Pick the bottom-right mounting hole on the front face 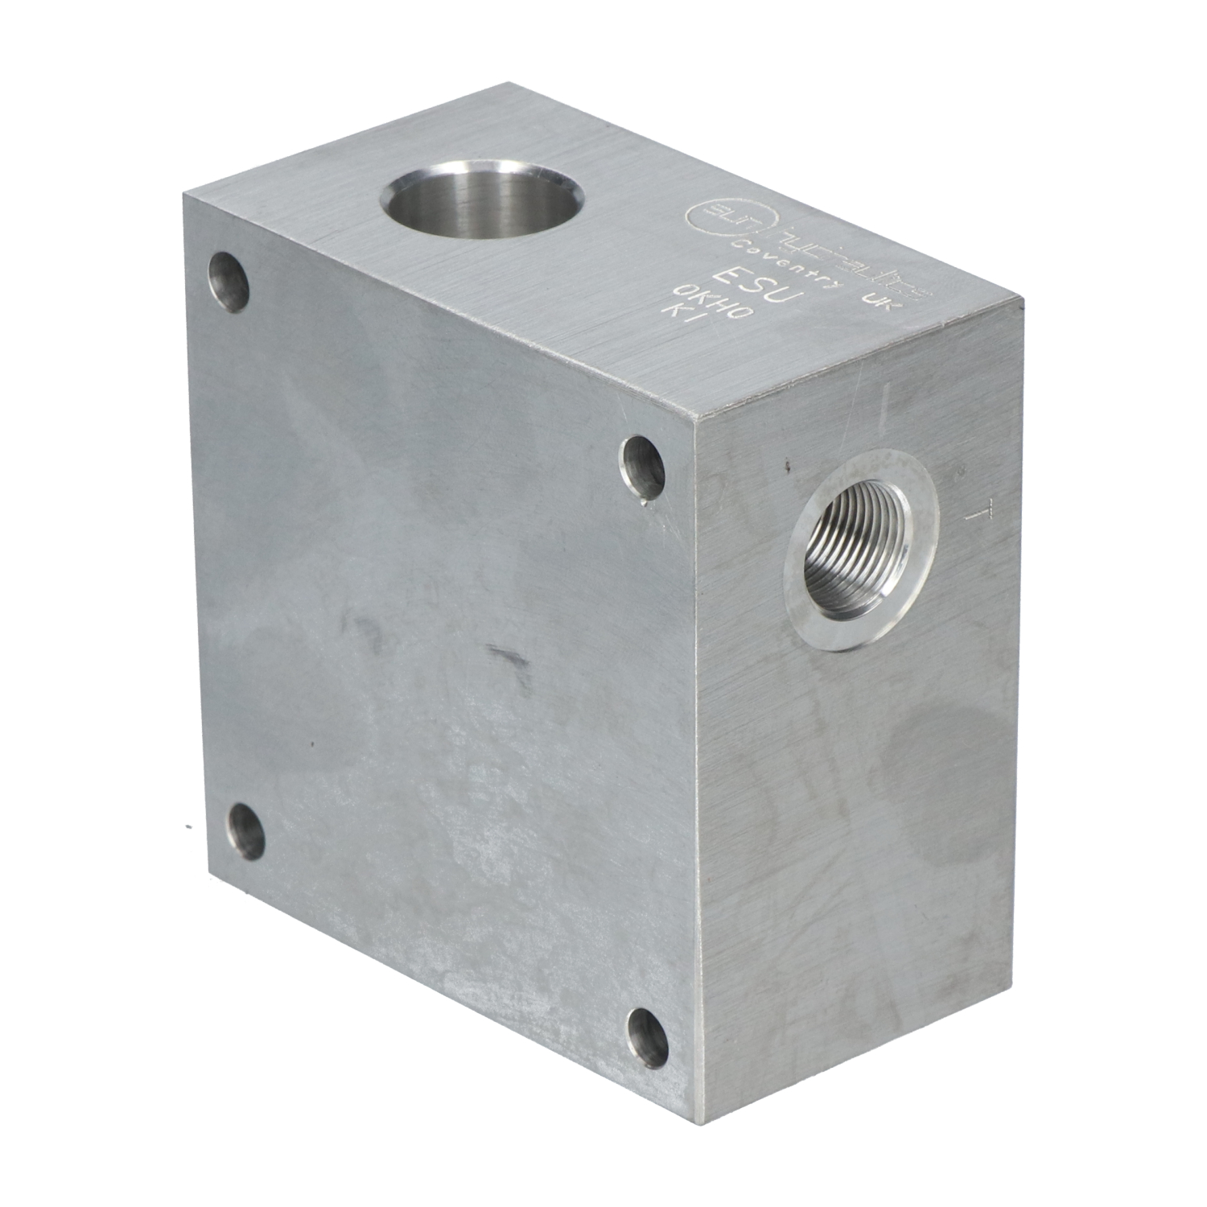pos(648,1034)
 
